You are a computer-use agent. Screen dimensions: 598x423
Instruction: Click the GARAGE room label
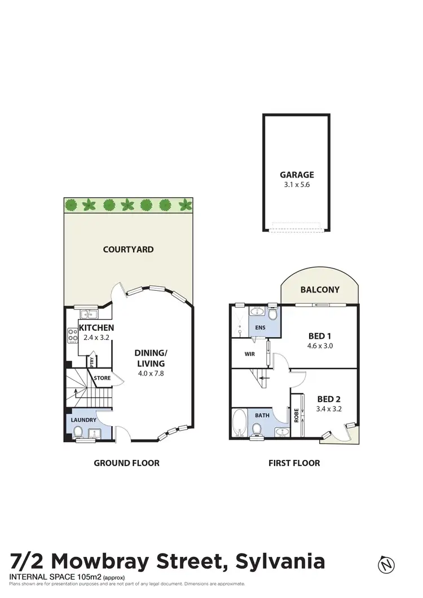(x=297, y=175)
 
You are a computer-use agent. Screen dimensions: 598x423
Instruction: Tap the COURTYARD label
(x=128, y=249)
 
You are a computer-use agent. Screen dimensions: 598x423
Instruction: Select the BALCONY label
(x=320, y=290)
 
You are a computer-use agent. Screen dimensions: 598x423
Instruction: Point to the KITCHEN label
(x=96, y=327)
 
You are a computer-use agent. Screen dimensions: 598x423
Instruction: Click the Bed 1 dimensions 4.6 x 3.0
(x=320, y=346)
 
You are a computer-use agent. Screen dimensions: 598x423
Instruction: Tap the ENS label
(x=261, y=327)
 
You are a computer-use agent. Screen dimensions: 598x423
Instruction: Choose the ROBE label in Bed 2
(x=296, y=417)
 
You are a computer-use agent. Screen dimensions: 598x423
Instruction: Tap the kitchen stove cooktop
(x=73, y=336)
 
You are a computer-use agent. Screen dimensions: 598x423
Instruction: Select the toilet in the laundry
(x=78, y=432)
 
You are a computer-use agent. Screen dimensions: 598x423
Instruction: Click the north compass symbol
(x=387, y=564)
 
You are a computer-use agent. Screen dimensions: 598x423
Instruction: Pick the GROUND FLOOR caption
(x=126, y=463)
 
